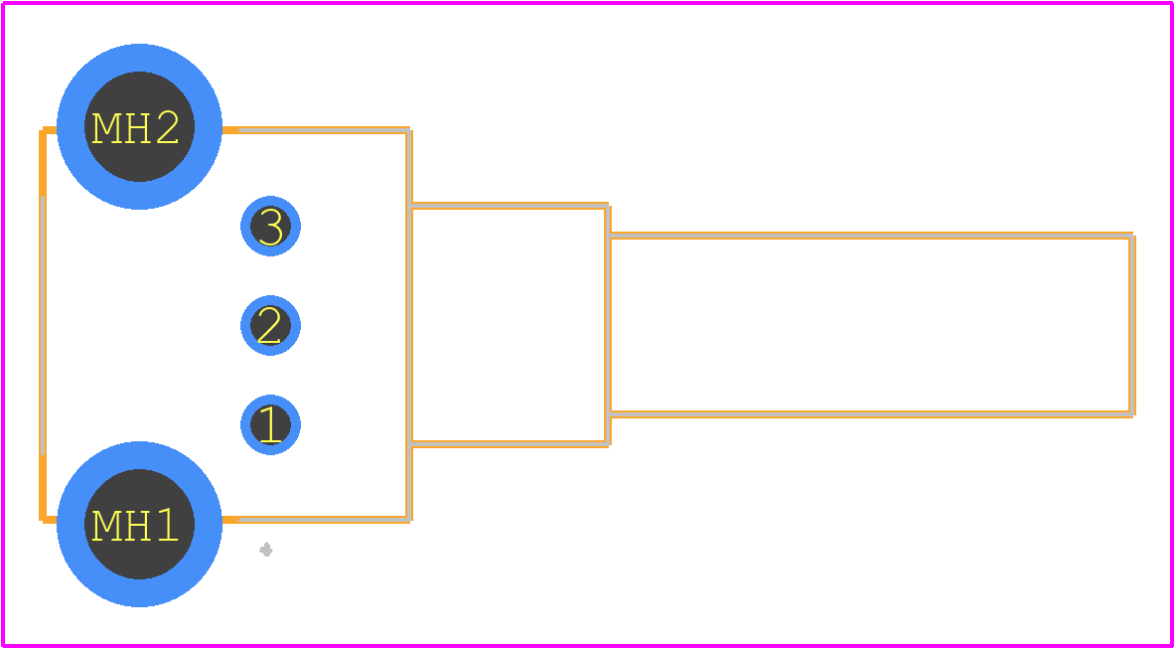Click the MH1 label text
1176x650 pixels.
click(135, 526)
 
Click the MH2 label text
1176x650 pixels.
click(135, 127)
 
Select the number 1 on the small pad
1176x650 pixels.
click(270, 424)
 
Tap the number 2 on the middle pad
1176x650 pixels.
click(270, 326)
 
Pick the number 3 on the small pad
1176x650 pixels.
click(271, 227)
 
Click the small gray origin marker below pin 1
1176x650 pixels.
click(266, 550)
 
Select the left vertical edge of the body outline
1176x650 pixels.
click(43, 325)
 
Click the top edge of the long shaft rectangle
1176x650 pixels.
click(870, 236)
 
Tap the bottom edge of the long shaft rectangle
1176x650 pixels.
click(870, 414)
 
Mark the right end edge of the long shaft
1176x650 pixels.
click(1131, 325)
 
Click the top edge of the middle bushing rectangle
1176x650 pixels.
click(510, 206)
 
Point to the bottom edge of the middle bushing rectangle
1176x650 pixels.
click(510, 444)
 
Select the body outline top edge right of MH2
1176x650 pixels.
click(316, 130)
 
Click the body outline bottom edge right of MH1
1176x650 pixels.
click(316, 520)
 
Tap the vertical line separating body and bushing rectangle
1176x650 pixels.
click(409, 325)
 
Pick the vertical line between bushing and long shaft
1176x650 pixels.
click(608, 325)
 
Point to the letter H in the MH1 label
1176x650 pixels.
click(136, 526)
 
